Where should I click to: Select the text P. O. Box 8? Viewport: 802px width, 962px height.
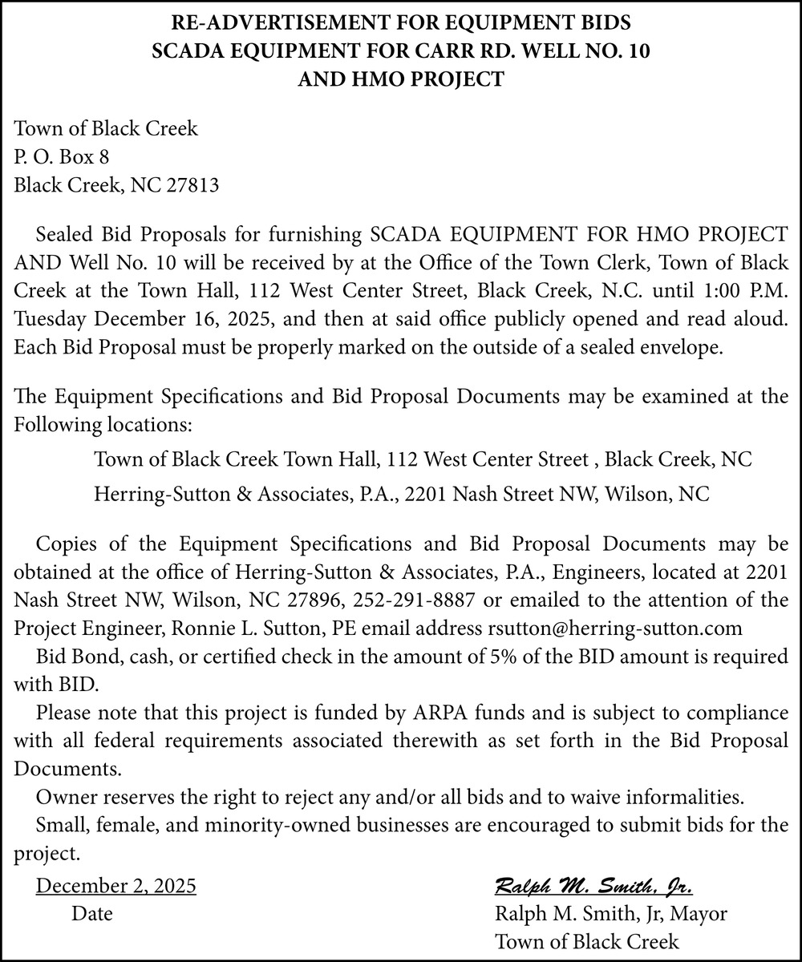pyautogui.click(x=62, y=157)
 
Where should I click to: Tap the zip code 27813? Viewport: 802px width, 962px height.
pyautogui.click(x=192, y=186)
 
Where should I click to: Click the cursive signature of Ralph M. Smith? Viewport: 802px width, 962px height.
pyautogui.click(x=594, y=887)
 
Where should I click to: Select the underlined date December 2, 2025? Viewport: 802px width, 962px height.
pyautogui.click(x=116, y=887)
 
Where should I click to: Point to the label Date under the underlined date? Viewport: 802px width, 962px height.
pyautogui.click(x=91, y=914)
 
